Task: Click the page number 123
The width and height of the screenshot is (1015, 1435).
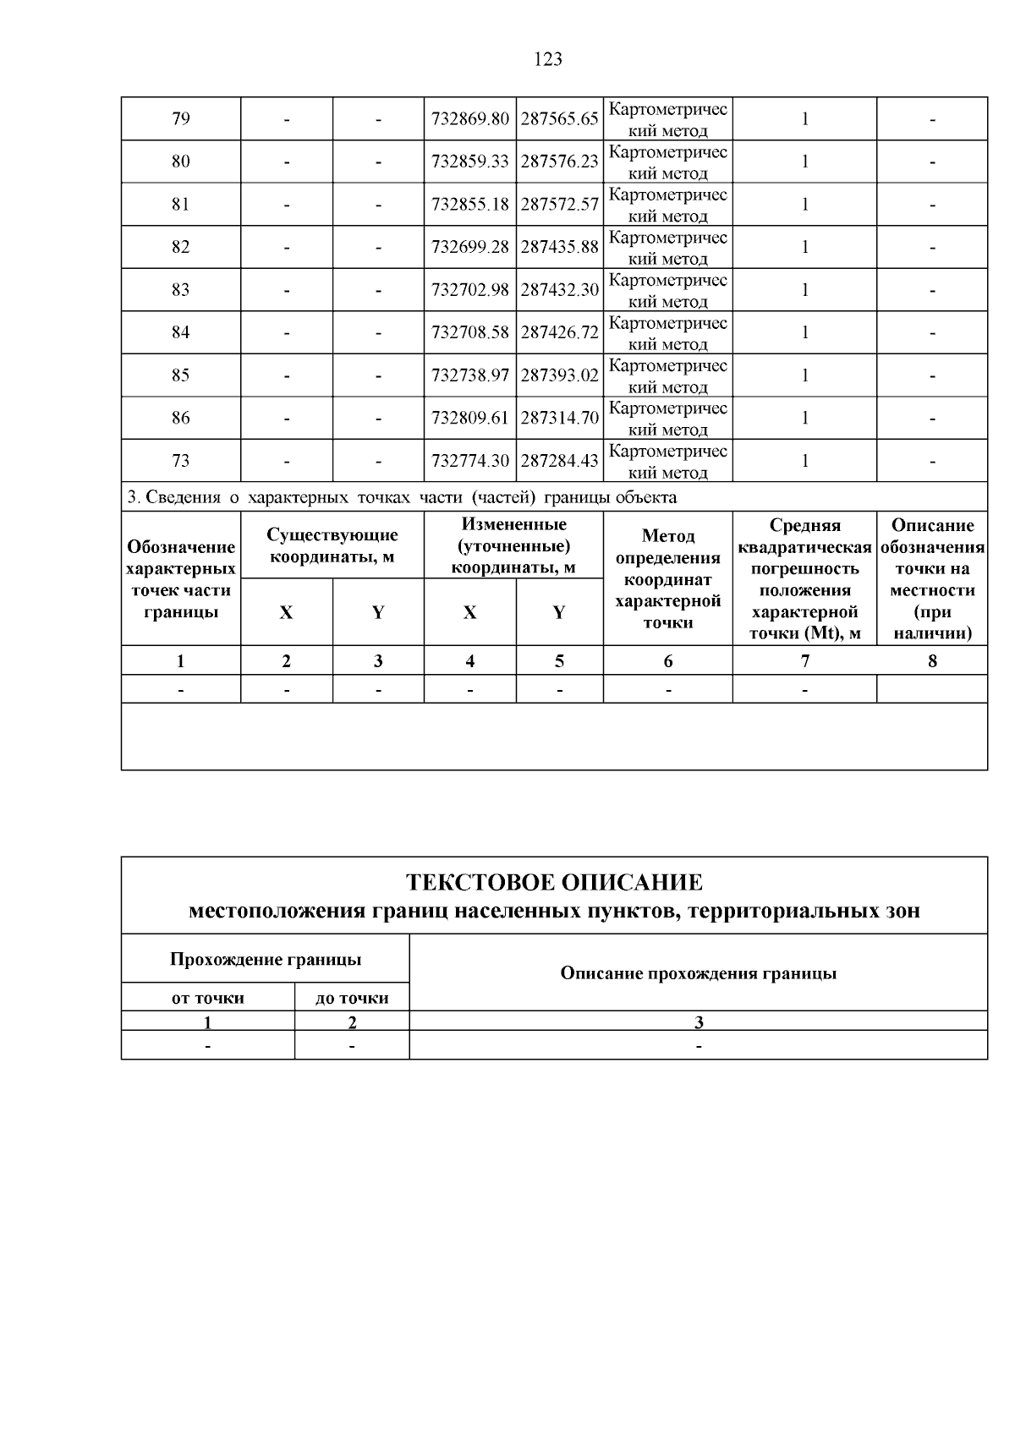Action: tap(548, 59)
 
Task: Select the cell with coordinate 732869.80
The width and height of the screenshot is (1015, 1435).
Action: tap(470, 119)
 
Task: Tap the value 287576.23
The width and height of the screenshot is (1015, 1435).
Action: tap(559, 162)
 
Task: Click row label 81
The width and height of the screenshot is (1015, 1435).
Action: tap(181, 204)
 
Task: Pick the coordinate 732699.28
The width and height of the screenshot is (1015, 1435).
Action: tap(470, 247)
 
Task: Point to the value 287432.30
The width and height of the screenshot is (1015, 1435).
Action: tap(559, 290)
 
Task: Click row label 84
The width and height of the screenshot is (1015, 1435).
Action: tap(181, 332)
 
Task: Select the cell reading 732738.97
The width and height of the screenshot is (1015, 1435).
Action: tap(470, 375)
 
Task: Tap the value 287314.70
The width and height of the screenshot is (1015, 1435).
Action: tap(559, 418)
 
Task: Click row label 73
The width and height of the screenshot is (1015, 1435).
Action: tap(181, 461)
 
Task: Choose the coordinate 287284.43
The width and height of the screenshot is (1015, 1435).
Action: tap(559, 461)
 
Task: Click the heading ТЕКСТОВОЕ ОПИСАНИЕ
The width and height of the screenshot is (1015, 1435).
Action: tap(554, 883)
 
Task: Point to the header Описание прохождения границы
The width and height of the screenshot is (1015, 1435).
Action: tap(698, 973)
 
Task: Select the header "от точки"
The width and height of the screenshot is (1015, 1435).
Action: tap(208, 998)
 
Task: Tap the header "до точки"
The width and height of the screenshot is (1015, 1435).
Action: tap(352, 998)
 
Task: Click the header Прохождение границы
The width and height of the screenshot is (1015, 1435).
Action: tap(266, 960)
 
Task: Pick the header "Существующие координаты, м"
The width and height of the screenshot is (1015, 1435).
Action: tap(332, 546)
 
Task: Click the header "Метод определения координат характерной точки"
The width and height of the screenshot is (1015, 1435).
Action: tap(668, 579)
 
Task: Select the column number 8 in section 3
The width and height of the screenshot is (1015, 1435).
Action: tap(932, 661)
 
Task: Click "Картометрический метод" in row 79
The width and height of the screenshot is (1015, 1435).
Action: tap(668, 119)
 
